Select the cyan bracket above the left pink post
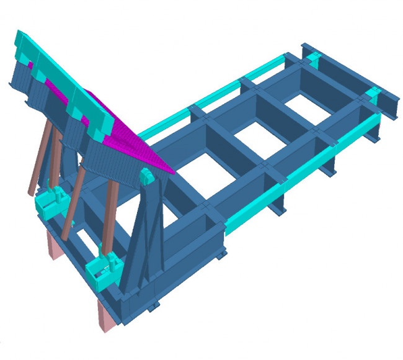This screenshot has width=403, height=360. click(x=50, y=202)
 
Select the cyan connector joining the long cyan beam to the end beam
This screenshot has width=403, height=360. click(x=373, y=96)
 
